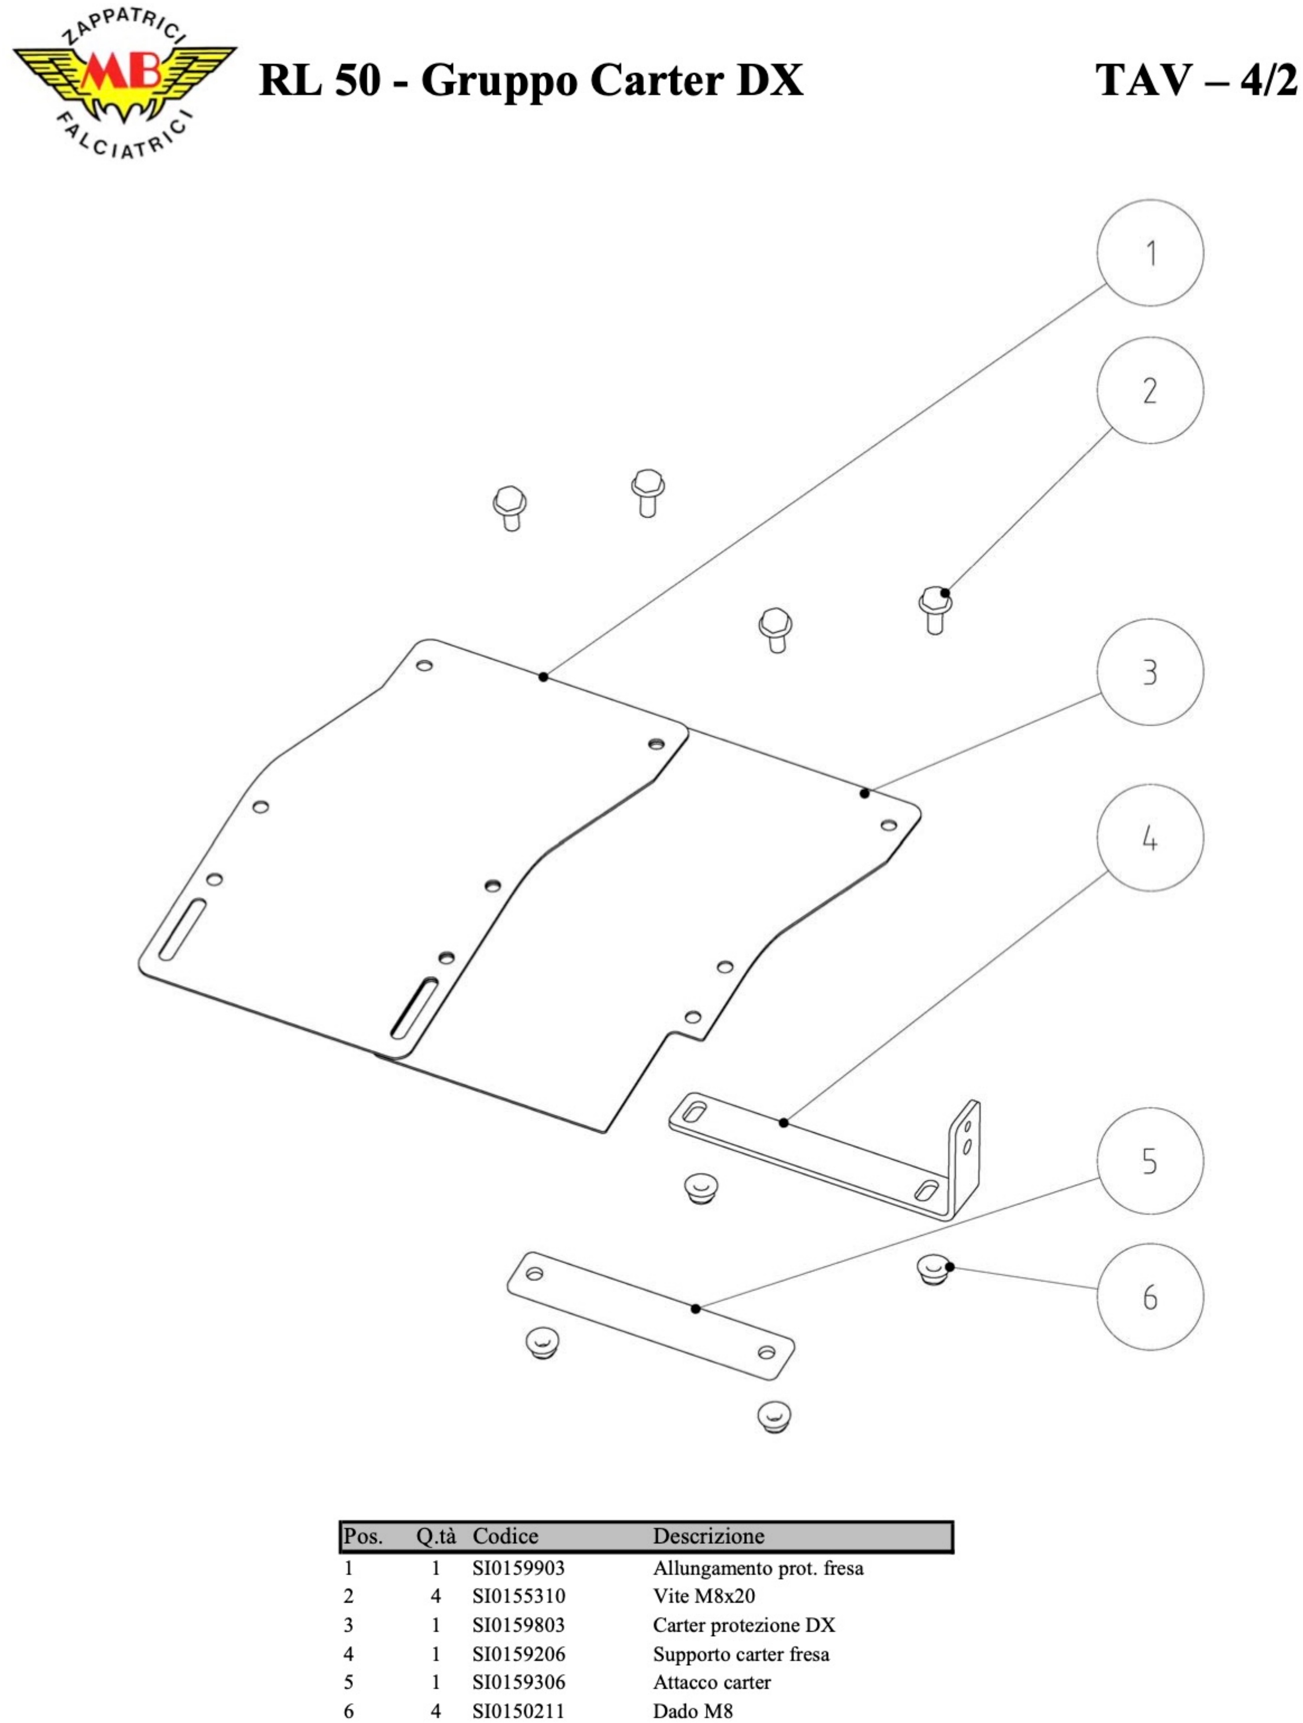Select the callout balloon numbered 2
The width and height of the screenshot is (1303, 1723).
1149,390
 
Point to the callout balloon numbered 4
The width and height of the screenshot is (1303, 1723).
1149,838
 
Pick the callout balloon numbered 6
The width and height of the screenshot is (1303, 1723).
1149,1297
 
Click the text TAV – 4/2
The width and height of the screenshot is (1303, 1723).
1196,80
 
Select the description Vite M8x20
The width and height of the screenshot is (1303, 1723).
704,1596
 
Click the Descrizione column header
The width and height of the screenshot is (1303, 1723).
708,1536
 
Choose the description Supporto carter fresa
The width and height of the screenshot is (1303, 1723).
741,1653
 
